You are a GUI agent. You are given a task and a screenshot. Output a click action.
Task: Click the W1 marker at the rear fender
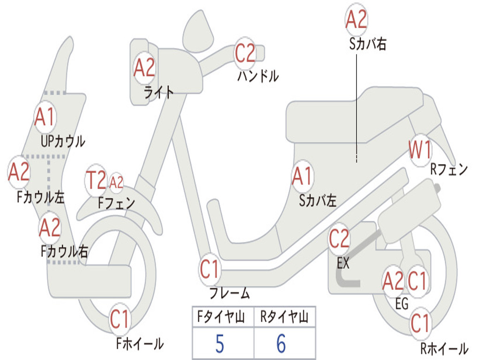[x=420, y=150]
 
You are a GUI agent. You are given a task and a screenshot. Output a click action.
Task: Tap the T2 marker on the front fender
[x=96, y=180]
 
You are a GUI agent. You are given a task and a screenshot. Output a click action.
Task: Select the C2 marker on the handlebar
[x=245, y=53]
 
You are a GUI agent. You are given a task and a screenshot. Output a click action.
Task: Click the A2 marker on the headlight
[x=144, y=67]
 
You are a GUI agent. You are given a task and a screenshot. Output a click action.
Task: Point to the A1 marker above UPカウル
[x=45, y=117]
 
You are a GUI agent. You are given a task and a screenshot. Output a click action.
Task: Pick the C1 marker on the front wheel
[x=120, y=319]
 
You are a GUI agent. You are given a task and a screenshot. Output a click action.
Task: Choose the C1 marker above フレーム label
[x=210, y=270]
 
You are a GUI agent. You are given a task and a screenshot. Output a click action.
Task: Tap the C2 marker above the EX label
[x=339, y=239]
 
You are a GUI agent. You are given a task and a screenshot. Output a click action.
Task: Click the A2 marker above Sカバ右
[x=356, y=19]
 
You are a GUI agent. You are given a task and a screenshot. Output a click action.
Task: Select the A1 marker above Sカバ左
[x=302, y=176]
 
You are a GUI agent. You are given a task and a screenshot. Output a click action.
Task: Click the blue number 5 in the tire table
[x=219, y=344]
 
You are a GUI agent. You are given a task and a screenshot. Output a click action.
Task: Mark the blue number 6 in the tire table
[x=281, y=344]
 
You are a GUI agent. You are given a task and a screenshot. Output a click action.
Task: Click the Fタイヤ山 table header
[x=221, y=316]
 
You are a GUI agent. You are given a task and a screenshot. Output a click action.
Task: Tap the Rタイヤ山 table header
[x=284, y=316]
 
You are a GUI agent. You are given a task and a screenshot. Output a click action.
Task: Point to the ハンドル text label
[x=258, y=76]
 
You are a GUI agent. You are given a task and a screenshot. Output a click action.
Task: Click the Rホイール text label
[x=444, y=348]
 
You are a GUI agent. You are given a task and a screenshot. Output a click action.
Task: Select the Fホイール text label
[x=140, y=344]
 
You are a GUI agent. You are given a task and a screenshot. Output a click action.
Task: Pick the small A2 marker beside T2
[x=116, y=183]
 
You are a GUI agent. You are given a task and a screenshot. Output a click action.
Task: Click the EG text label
[x=402, y=304]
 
